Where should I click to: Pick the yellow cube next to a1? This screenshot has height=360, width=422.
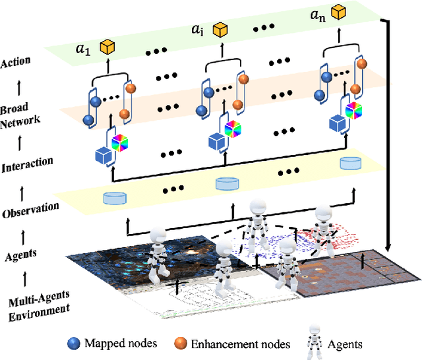(x=107, y=47)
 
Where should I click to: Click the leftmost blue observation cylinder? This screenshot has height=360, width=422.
(x=114, y=197)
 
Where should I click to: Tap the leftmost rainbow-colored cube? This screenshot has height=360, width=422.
(x=121, y=141)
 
